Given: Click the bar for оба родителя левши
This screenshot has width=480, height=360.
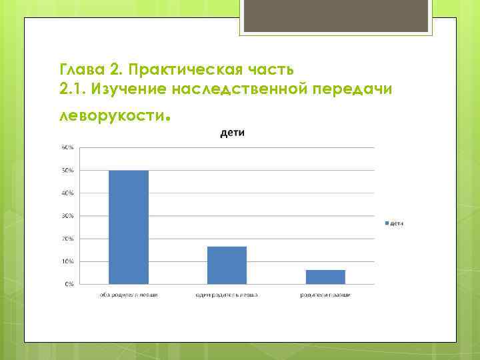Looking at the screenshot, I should click(129, 227).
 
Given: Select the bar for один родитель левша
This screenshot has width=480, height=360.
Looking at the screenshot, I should click(227, 265).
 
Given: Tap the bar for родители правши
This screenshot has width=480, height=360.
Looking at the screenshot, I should click(325, 277).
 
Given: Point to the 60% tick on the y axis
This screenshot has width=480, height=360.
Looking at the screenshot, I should click(68, 147).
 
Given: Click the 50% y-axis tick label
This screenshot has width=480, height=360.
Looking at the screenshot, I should click(68, 171).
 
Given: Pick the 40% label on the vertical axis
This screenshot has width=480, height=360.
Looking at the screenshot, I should click(68, 193).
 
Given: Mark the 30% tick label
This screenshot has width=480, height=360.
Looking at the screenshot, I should click(68, 216).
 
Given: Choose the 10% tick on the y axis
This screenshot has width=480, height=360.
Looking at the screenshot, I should click(68, 261).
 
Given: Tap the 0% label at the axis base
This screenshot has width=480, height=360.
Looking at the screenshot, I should click(69, 284).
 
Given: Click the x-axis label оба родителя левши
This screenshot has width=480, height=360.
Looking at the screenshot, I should click(129, 294).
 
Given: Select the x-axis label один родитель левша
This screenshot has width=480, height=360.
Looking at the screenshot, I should click(227, 294).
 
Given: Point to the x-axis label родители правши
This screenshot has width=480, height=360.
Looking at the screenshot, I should click(325, 294).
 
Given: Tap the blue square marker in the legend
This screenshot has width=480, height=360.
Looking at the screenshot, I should click(385, 223).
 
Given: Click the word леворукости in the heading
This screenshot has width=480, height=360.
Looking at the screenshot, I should click(111, 115).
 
